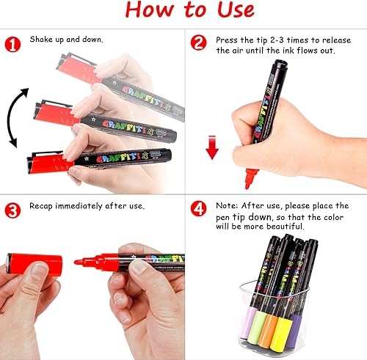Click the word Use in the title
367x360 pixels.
[236, 10]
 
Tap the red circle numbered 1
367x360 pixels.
[12, 44]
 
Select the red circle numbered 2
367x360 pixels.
[198, 43]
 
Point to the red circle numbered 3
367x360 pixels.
[12, 210]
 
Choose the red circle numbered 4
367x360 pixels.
[198, 208]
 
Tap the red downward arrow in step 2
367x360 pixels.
[212, 147]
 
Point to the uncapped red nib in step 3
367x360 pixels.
[79, 262]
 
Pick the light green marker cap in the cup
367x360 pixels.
[256, 327]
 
